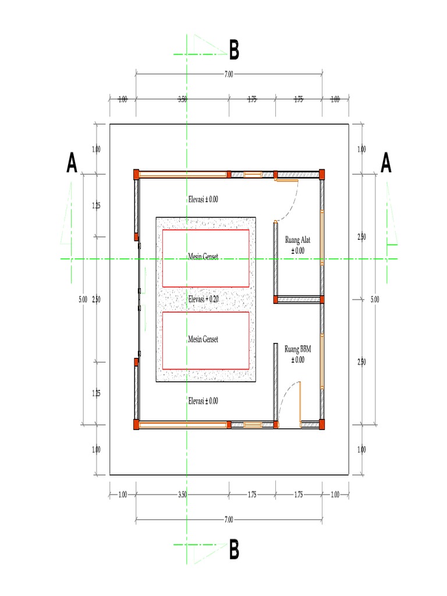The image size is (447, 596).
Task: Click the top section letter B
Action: click(x=234, y=51)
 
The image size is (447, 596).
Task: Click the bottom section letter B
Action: click(x=234, y=549)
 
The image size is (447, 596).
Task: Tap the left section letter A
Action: click(x=72, y=164)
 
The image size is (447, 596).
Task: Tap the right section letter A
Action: click(x=386, y=164)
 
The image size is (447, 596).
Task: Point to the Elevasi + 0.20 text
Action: click(x=203, y=299)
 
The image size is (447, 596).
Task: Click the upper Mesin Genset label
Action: click(x=203, y=256)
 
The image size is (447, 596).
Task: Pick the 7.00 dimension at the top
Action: click(x=229, y=74)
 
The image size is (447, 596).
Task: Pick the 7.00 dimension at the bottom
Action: click(x=229, y=519)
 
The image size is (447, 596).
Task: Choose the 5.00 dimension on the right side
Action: click(x=375, y=299)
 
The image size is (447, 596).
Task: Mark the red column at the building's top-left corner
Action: click(x=136, y=173)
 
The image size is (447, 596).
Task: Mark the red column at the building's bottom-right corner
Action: click(x=321, y=425)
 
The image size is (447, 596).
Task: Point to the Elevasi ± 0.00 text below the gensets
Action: click(x=203, y=401)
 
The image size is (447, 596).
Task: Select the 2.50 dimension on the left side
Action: click(x=96, y=299)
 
